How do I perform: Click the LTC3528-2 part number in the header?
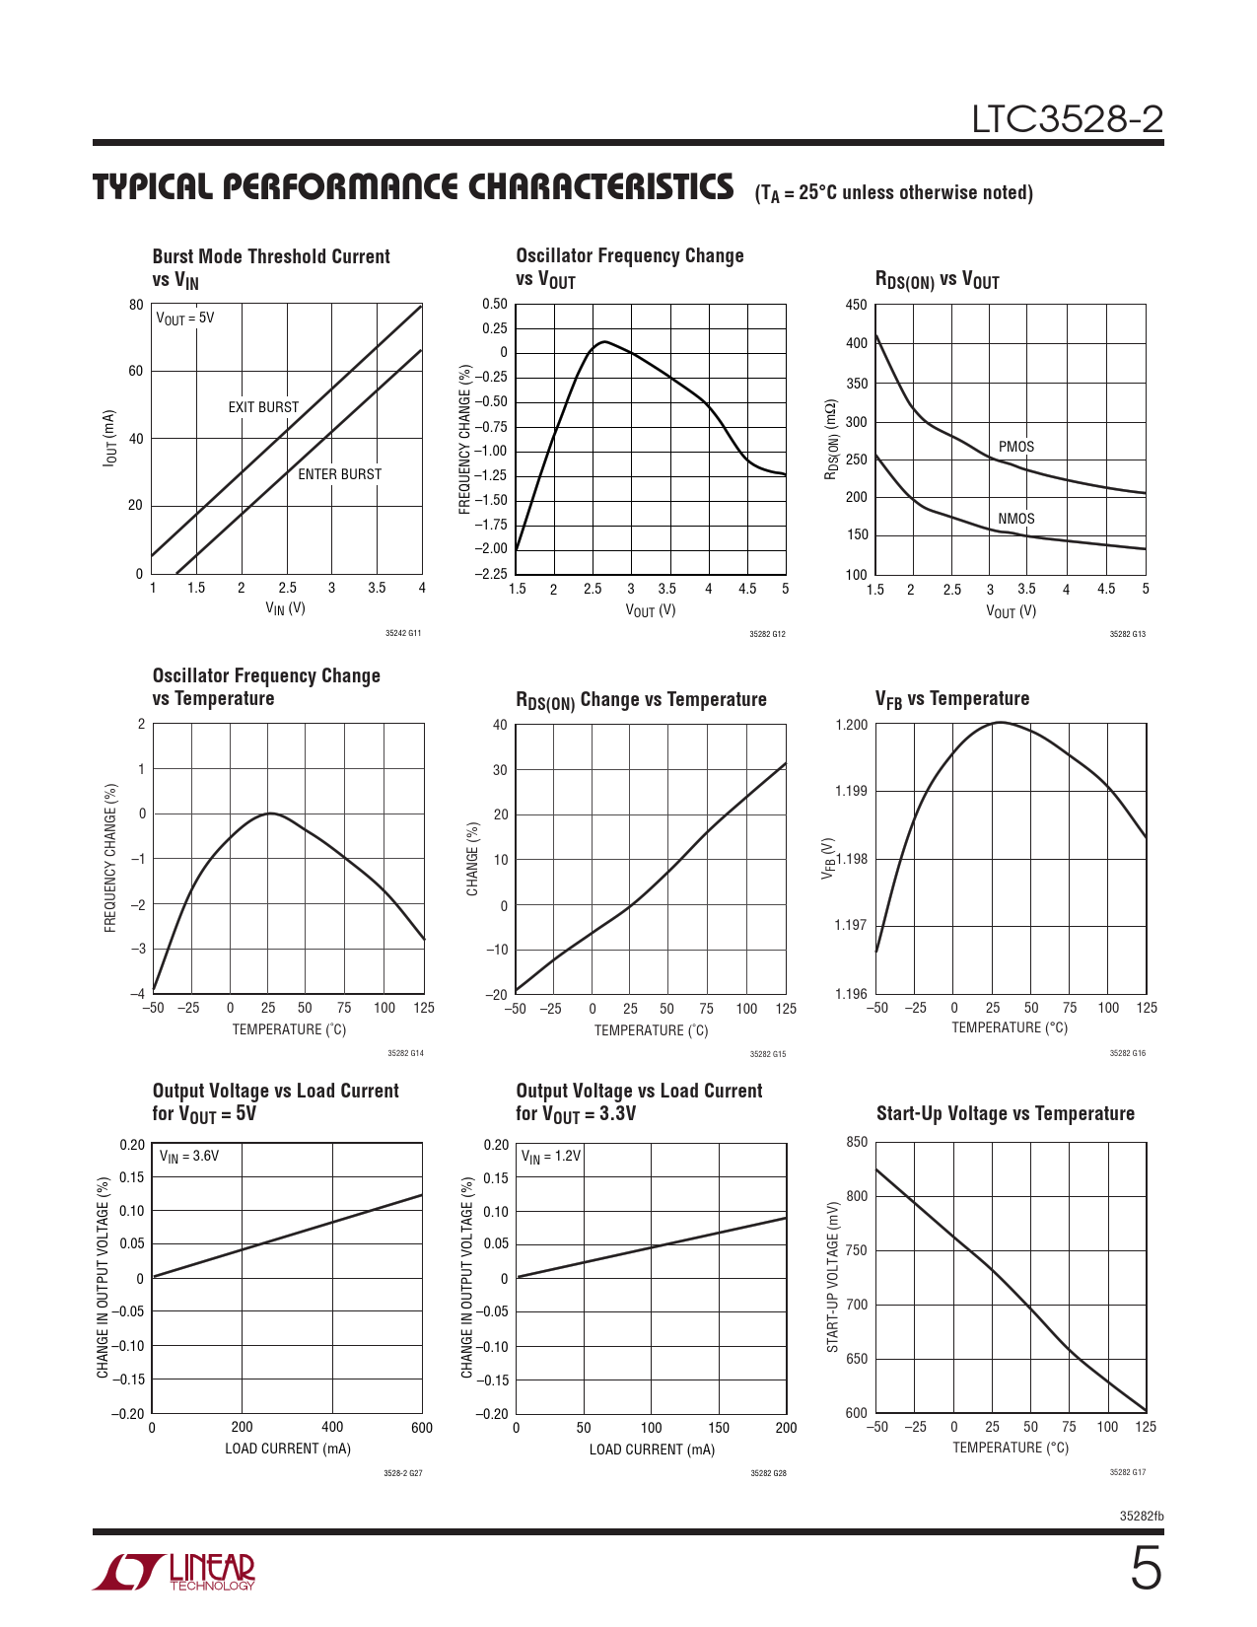(x=1067, y=119)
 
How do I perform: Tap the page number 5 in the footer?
(x=1145, y=1569)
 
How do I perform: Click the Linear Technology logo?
(x=175, y=1572)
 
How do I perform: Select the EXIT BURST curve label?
(x=263, y=407)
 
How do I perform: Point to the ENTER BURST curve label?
(x=339, y=474)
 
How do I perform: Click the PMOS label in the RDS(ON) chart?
(x=1015, y=447)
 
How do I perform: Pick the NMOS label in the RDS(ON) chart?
(x=1015, y=519)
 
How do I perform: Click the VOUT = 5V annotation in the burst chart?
(x=185, y=318)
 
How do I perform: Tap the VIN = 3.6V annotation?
(x=189, y=1156)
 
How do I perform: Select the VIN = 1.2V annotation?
(x=551, y=1156)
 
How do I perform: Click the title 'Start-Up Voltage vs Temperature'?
(x=1005, y=1113)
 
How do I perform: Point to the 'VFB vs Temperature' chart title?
(x=951, y=699)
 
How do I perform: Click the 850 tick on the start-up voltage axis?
(x=857, y=1142)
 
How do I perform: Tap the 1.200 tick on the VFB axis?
(x=851, y=725)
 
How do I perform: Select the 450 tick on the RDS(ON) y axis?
(x=857, y=305)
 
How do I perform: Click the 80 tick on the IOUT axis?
(x=136, y=305)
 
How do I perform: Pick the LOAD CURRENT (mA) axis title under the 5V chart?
(x=288, y=1449)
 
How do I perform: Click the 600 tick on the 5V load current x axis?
(x=422, y=1427)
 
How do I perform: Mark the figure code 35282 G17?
(x=1127, y=1472)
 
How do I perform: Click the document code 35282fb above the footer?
(x=1142, y=1516)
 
